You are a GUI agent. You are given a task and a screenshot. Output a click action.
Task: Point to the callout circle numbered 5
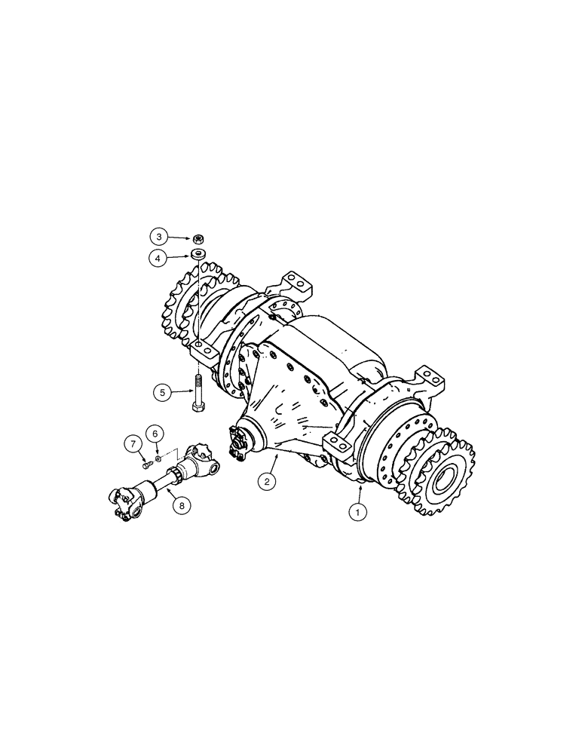coord(161,391)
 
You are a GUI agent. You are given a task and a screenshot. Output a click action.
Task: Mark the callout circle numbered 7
coord(132,443)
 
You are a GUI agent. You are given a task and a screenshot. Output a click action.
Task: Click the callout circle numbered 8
coord(181,506)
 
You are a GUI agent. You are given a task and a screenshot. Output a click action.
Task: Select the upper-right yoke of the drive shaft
coord(207,457)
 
